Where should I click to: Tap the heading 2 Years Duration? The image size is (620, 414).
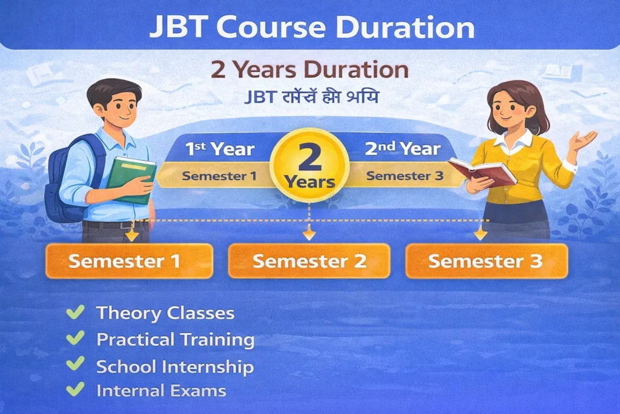tap(309, 70)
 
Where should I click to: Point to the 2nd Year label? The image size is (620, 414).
tap(402, 149)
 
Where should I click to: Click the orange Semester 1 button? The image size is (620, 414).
tap(129, 261)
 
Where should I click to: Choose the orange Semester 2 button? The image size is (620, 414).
tap(309, 261)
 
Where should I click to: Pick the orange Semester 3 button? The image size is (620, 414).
tap(486, 261)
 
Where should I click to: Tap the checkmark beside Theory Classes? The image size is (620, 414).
tap(75, 313)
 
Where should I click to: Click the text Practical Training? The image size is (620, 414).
tap(176, 339)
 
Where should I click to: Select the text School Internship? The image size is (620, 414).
tap(175, 366)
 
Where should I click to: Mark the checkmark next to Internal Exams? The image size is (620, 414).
tap(75, 390)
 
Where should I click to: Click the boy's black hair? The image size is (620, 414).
tap(115, 91)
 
